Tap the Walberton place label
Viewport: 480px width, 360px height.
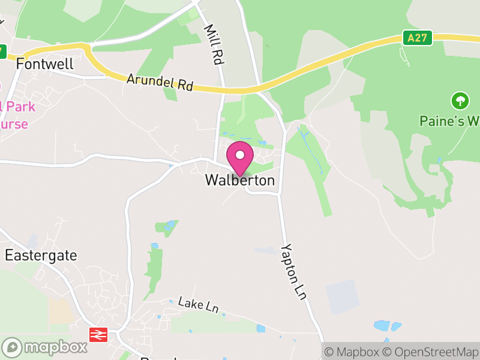pyautogui.click(x=240, y=180)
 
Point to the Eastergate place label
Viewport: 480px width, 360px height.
pyautogui.click(x=41, y=255)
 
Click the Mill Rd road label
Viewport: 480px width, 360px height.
pyautogui.click(x=213, y=44)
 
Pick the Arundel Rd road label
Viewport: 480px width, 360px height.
pyautogui.click(x=160, y=82)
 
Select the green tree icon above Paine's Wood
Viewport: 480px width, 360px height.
pyautogui.click(x=460, y=100)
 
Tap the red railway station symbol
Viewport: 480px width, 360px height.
pyautogui.click(x=97, y=334)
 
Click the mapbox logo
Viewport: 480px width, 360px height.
pyautogui.click(x=45, y=347)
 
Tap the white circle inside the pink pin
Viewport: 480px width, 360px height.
pyautogui.click(x=240, y=155)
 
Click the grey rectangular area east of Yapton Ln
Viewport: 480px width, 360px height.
pyautogui.click(x=343, y=296)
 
